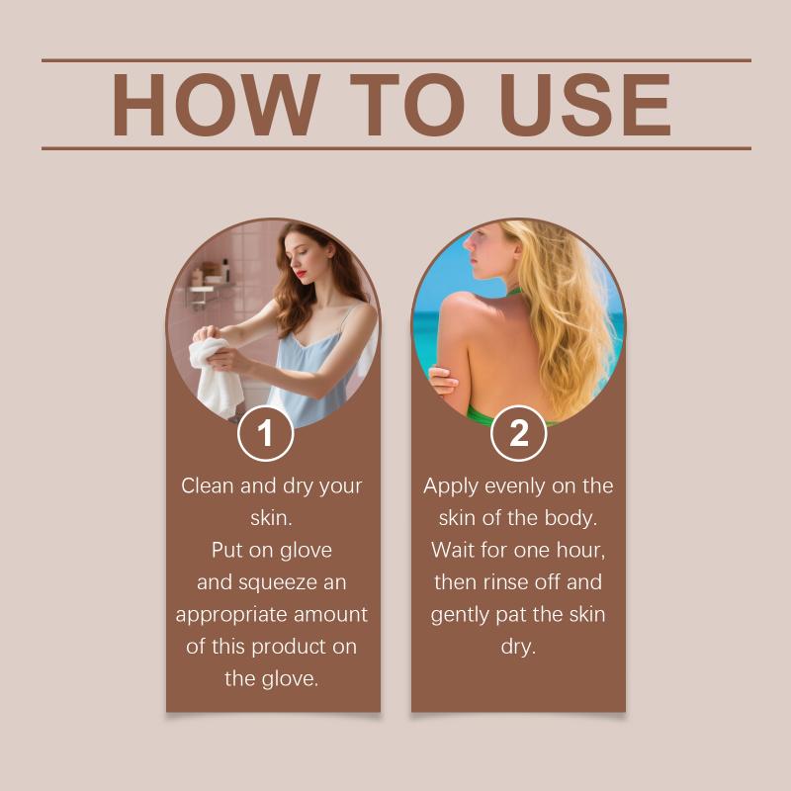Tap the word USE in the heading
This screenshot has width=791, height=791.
point(585,105)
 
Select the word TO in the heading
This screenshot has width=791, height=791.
point(406,105)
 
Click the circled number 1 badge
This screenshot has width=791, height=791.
point(265,433)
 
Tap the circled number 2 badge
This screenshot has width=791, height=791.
point(518,433)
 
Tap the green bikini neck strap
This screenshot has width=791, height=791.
point(513,292)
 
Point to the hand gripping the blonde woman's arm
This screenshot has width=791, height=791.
point(443,381)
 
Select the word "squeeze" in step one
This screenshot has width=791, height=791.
point(279,583)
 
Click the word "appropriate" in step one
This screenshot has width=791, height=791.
point(231,615)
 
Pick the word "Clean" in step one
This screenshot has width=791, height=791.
point(208,485)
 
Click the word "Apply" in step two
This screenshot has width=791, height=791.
point(451,486)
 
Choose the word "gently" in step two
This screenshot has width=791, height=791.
point(460,615)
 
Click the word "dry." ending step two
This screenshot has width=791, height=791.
point(518,647)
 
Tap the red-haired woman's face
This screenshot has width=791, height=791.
point(302,256)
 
